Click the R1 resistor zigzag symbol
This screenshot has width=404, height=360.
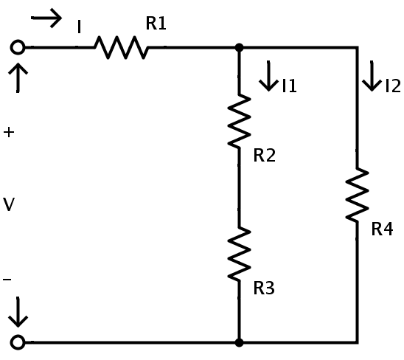[121, 48]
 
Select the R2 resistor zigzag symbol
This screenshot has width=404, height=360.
[239, 121]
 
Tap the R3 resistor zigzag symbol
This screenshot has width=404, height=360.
[239, 255]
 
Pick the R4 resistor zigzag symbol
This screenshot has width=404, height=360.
[357, 195]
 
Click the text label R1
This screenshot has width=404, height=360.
[156, 23]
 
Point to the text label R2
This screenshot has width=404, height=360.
[265, 155]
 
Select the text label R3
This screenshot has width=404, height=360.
[264, 288]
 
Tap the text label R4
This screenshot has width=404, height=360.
[383, 229]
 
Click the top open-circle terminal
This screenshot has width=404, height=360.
[18, 47]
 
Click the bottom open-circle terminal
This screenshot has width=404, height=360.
[18, 342]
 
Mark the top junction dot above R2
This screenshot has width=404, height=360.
[239, 48]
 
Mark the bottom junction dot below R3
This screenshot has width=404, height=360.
[239, 342]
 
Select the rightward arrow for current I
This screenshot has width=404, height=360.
[46, 18]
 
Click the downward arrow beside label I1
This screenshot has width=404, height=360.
[268, 76]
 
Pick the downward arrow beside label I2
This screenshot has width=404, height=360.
[372, 76]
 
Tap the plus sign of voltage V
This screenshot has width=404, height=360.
[9, 132]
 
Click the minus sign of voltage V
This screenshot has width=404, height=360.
[7, 280]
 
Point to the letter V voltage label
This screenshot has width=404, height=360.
[9, 204]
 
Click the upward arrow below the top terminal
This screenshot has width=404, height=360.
[18, 77]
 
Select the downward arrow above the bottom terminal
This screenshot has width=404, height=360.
[18, 312]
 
